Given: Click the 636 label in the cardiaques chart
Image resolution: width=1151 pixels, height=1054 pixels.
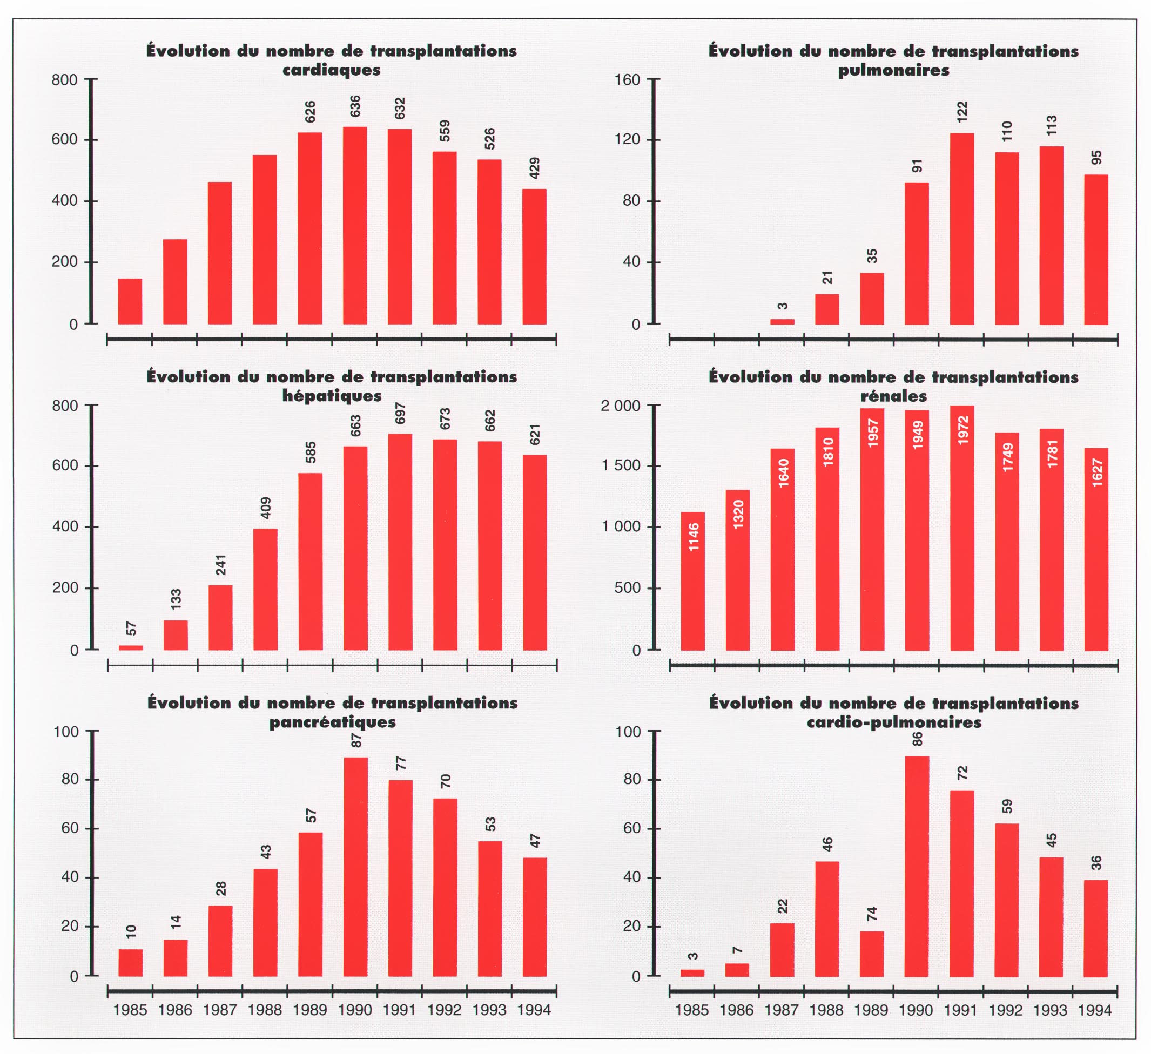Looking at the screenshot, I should tap(355, 107).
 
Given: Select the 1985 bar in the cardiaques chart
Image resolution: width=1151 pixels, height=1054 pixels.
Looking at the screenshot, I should tap(130, 301).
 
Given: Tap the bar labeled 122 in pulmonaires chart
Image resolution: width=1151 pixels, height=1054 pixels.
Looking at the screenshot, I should tap(962, 228).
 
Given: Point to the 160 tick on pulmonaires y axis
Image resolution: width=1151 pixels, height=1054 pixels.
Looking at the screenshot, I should tap(628, 80).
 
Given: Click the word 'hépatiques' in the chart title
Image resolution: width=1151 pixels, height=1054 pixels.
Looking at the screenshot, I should tap(332, 396).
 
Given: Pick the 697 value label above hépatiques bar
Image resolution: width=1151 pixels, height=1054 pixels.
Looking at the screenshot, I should tap(400, 413).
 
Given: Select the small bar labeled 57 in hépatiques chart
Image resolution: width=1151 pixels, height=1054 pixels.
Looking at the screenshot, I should tap(131, 647).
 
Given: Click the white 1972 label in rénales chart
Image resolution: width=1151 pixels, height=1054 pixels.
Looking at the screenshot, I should tap(963, 430).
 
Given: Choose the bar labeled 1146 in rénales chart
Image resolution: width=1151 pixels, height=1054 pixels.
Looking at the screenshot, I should tap(692, 581).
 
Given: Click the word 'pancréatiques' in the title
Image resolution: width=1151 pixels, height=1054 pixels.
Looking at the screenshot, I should tap(332, 722).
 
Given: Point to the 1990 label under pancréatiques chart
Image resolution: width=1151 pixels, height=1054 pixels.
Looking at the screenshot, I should tap(354, 1010).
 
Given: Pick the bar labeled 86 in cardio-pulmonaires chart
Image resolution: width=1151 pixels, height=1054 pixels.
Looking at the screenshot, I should tap(917, 866).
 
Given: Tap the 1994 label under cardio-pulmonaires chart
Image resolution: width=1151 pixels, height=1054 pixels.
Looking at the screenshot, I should tap(1095, 1011).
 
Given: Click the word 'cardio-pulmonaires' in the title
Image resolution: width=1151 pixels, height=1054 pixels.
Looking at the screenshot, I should tap(893, 722).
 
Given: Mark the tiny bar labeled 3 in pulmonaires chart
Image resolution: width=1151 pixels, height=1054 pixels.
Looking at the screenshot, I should tap(782, 322).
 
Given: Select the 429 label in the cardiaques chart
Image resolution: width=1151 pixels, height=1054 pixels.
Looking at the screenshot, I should tap(535, 168).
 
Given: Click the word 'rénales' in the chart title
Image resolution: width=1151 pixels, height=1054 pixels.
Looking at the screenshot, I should tap(893, 396).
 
